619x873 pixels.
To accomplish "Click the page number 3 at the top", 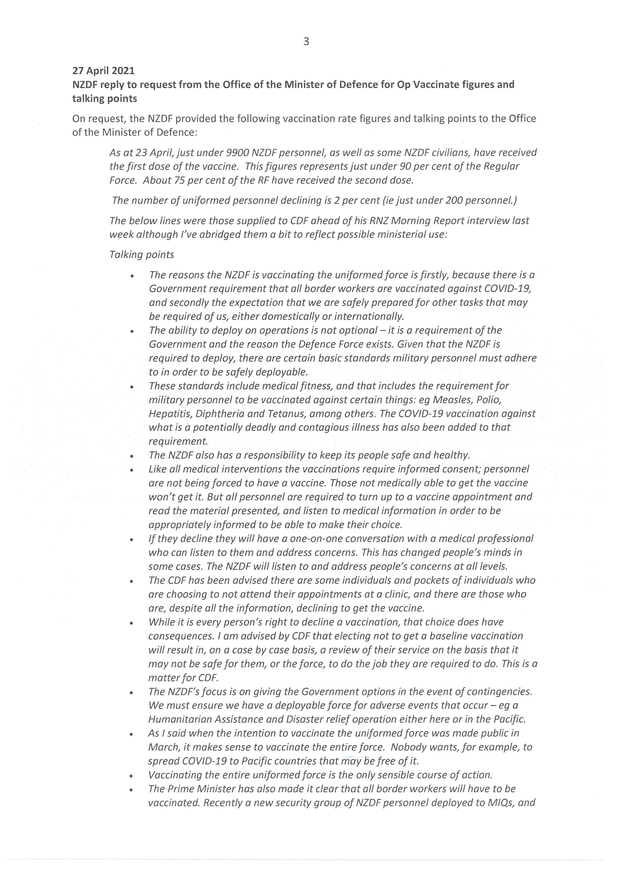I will pos(306,41).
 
